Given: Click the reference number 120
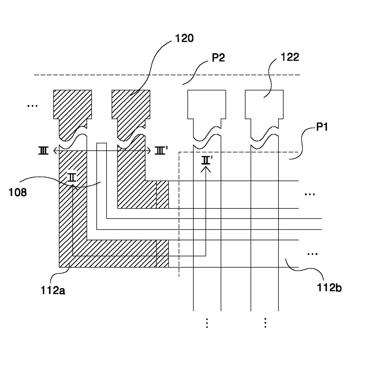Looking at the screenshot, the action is tap(184, 38).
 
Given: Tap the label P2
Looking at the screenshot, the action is tap(218, 58).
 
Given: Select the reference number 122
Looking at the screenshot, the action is tap(290, 57).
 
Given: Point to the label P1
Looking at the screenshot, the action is tap(322, 127).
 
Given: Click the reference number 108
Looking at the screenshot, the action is tap(18, 192).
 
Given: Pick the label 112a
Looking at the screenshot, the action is tap(53, 290).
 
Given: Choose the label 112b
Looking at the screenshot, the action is tap(329, 288).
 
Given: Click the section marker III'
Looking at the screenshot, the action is tap(161, 151).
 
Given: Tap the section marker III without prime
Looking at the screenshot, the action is tap(43, 151).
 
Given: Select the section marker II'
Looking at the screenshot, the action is tap(207, 160).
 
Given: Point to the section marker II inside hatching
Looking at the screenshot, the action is tap(72, 177).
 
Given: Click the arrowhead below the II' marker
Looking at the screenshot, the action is tap(206, 169).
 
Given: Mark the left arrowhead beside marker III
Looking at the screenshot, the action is tap(55, 151).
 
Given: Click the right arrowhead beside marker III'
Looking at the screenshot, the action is tap(149, 151).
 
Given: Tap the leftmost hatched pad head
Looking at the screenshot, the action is tap(72, 104).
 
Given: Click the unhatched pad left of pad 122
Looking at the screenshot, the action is tap(206, 104).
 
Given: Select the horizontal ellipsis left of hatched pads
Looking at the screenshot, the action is tap(32, 106).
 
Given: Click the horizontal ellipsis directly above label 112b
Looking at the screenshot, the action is tap(312, 254).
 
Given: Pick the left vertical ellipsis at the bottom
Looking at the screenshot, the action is tap(207, 323).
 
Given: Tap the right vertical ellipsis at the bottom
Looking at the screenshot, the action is tap(265, 322).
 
